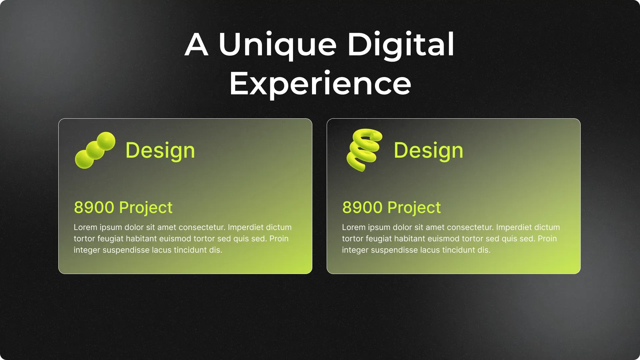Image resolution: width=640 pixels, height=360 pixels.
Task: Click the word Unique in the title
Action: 277,45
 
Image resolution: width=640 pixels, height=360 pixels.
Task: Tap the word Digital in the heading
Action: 401,45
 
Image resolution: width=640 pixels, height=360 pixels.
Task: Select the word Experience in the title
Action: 320,84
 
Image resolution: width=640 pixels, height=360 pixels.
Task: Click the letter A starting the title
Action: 197,45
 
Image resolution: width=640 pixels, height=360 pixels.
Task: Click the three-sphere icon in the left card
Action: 95,150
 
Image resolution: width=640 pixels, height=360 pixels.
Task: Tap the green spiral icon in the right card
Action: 364,150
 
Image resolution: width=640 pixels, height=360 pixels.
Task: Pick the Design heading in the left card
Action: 160,150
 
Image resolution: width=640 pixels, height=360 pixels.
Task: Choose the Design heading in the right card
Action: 428,150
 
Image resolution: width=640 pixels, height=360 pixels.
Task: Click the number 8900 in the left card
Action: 94,207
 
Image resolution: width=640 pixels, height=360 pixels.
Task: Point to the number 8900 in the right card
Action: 363,207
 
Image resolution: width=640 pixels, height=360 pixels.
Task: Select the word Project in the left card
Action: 146,208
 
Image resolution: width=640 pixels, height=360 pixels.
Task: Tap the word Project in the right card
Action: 414,208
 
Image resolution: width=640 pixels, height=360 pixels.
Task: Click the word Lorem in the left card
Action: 85,227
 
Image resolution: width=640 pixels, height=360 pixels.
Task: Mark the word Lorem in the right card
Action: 354,227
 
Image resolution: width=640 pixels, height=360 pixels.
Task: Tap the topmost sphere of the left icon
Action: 106,141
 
